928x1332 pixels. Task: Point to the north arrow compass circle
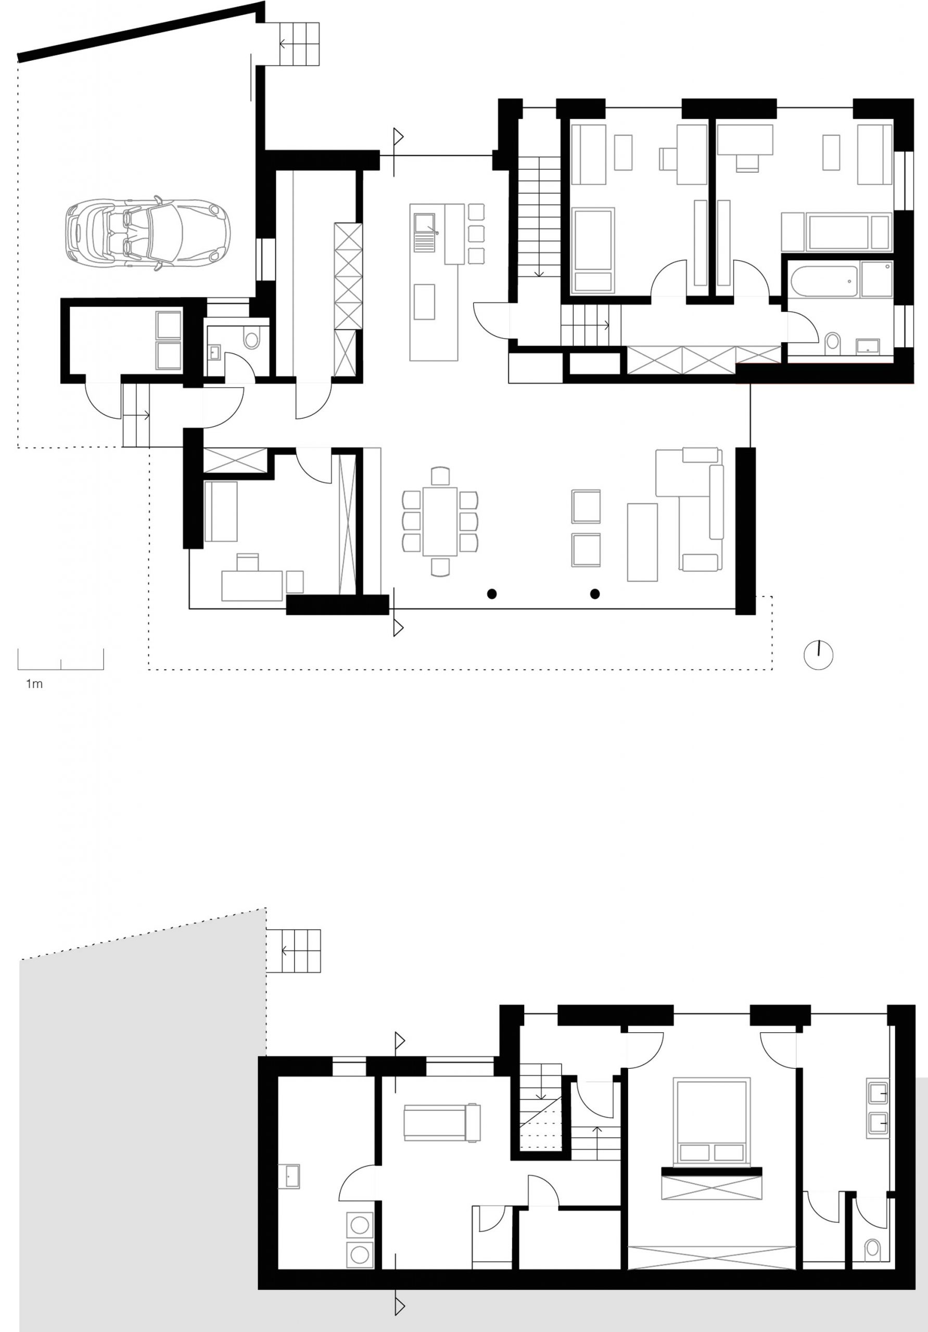[818, 656]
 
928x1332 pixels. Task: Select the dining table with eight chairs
[440, 521]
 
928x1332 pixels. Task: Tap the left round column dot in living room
[491, 594]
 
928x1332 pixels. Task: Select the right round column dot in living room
[595, 594]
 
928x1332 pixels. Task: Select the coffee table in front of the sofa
[642, 542]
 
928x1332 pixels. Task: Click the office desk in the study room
[252, 585]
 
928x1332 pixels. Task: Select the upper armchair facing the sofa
[586, 506]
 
